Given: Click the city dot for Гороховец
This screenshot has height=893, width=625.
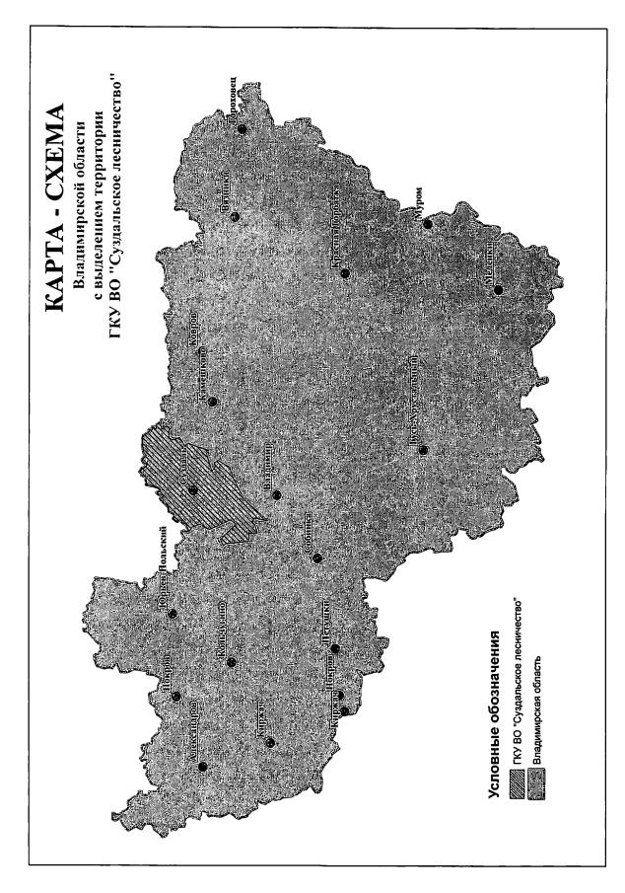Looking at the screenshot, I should (242, 129).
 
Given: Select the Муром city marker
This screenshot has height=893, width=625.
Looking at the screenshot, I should (428, 223).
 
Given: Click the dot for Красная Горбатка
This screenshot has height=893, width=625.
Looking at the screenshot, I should (345, 272).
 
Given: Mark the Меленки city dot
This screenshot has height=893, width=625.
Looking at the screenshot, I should (498, 289).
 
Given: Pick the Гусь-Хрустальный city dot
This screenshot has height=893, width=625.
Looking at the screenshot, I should (422, 451).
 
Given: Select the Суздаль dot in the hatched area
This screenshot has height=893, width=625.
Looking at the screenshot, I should (193, 490).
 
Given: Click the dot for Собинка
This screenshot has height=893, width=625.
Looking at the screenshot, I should (317, 558).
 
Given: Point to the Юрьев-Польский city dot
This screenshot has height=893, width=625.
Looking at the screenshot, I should (172, 614).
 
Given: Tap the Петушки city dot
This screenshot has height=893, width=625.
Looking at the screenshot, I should (335, 648).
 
